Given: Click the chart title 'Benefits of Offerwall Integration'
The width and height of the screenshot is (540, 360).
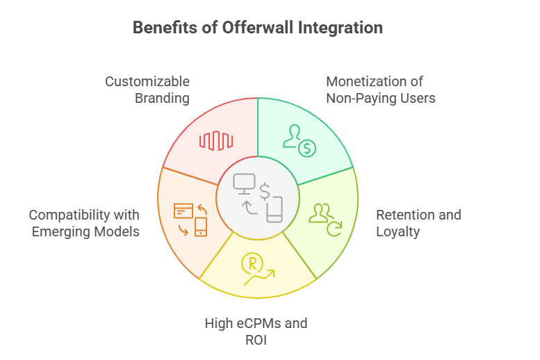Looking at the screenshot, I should (257, 28).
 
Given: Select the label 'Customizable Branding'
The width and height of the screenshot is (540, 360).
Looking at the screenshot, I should (147, 90).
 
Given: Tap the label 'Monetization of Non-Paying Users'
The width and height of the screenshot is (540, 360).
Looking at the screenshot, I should (381, 90).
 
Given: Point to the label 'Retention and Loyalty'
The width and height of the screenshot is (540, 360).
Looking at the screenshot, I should (418, 222).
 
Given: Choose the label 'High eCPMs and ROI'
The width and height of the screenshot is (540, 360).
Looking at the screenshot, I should (256, 331).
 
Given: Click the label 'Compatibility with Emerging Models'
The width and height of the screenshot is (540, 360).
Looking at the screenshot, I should (85, 222).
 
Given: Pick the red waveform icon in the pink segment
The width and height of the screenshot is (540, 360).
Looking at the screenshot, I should (215, 140).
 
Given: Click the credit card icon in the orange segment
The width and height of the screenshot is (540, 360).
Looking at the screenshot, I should (183, 210).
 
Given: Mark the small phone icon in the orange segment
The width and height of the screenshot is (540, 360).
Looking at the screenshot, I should (201, 227).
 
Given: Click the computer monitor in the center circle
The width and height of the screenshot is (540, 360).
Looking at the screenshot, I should (245, 183).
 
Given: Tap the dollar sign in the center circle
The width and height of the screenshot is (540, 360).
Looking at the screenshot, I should (265, 191).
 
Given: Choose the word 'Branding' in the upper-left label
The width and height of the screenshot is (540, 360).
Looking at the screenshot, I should (162, 98).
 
